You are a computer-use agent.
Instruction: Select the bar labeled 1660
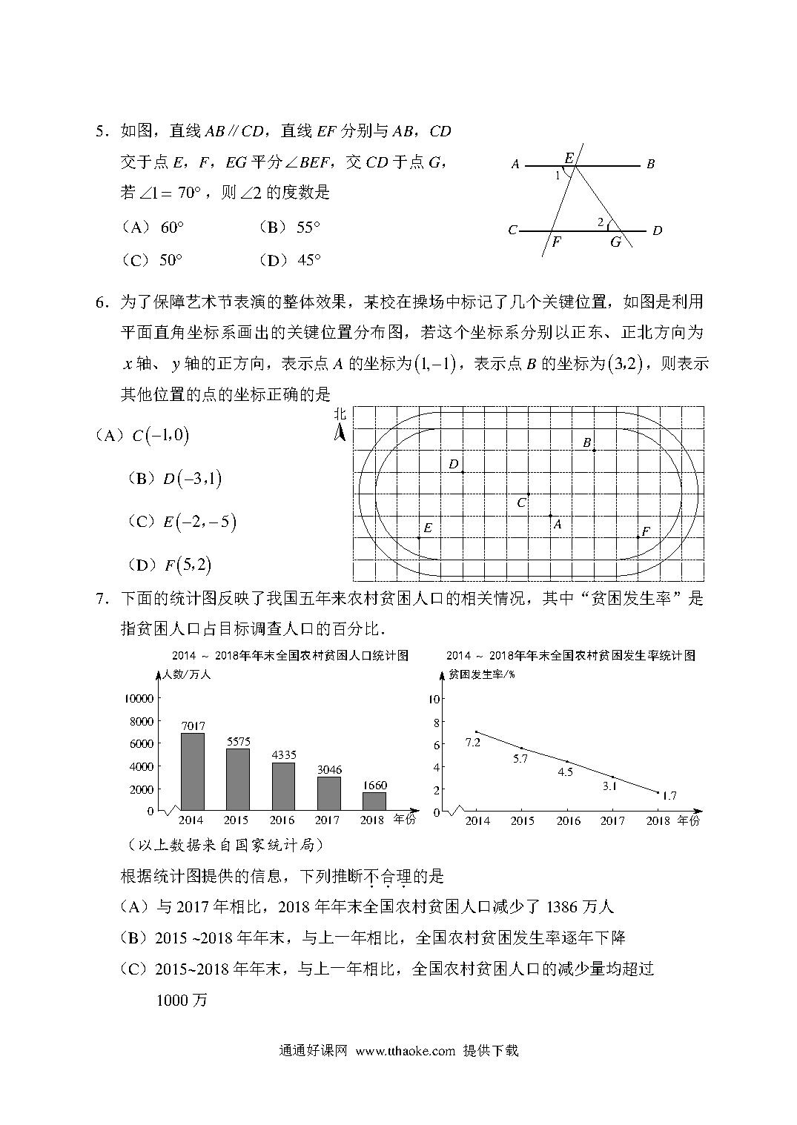click(374, 801)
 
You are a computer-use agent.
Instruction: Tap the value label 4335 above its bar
click(282, 755)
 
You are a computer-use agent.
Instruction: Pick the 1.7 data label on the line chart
click(669, 796)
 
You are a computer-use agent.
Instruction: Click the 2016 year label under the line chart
click(569, 820)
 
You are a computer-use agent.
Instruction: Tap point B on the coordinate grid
click(593, 449)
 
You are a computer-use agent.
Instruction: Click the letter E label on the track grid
click(428, 528)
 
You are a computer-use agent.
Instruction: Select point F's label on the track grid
click(645, 531)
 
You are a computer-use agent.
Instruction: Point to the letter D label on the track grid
click(454, 465)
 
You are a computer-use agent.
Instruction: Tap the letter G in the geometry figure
click(615, 242)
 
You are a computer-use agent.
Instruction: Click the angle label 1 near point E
click(558, 176)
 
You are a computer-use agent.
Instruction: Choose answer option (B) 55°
click(290, 228)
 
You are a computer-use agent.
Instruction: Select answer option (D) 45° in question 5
click(290, 260)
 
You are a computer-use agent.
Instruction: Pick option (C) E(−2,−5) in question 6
click(182, 522)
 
